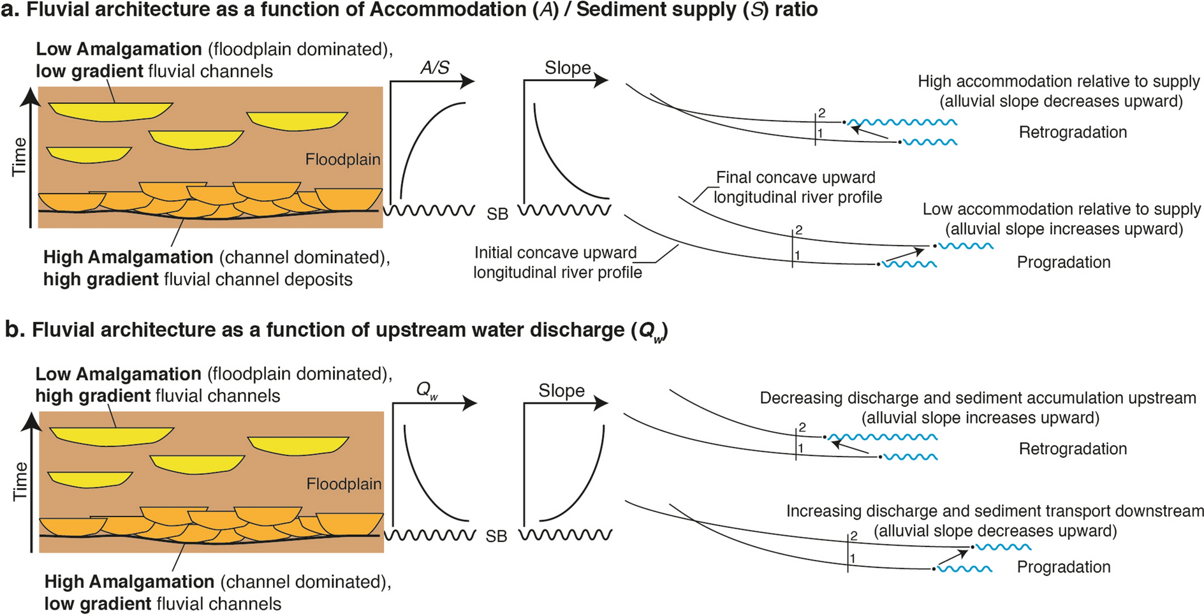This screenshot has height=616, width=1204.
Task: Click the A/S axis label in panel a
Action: click(435, 68)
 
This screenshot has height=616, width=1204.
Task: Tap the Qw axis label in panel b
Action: click(427, 390)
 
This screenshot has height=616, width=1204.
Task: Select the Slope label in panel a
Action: click(568, 68)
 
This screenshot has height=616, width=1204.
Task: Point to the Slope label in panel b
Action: click(561, 390)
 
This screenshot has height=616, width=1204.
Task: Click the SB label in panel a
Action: click(497, 214)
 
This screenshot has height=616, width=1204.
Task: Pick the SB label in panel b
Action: click(496, 537)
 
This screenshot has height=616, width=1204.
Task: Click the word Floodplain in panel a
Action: click(342, 159)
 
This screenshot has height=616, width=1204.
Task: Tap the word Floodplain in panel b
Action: click(344, 484)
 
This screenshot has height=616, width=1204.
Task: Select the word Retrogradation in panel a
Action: click(1073, 132)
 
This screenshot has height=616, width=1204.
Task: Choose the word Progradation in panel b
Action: click(1064, 567)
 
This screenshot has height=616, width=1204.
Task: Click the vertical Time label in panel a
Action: click(20, 157)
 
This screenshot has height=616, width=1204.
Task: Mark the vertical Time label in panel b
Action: click(20, 481)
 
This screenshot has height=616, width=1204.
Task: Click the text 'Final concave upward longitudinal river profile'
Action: click(798, 187)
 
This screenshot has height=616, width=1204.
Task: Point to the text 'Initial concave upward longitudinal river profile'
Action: click(557, 262)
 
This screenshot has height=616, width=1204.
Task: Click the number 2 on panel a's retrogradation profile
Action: click(822, 113)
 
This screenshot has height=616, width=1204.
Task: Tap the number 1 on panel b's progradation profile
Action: click(853, 559)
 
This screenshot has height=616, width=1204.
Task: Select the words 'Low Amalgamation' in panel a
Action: click(119, 49)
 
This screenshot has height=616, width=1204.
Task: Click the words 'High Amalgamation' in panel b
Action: click(129, 582)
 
